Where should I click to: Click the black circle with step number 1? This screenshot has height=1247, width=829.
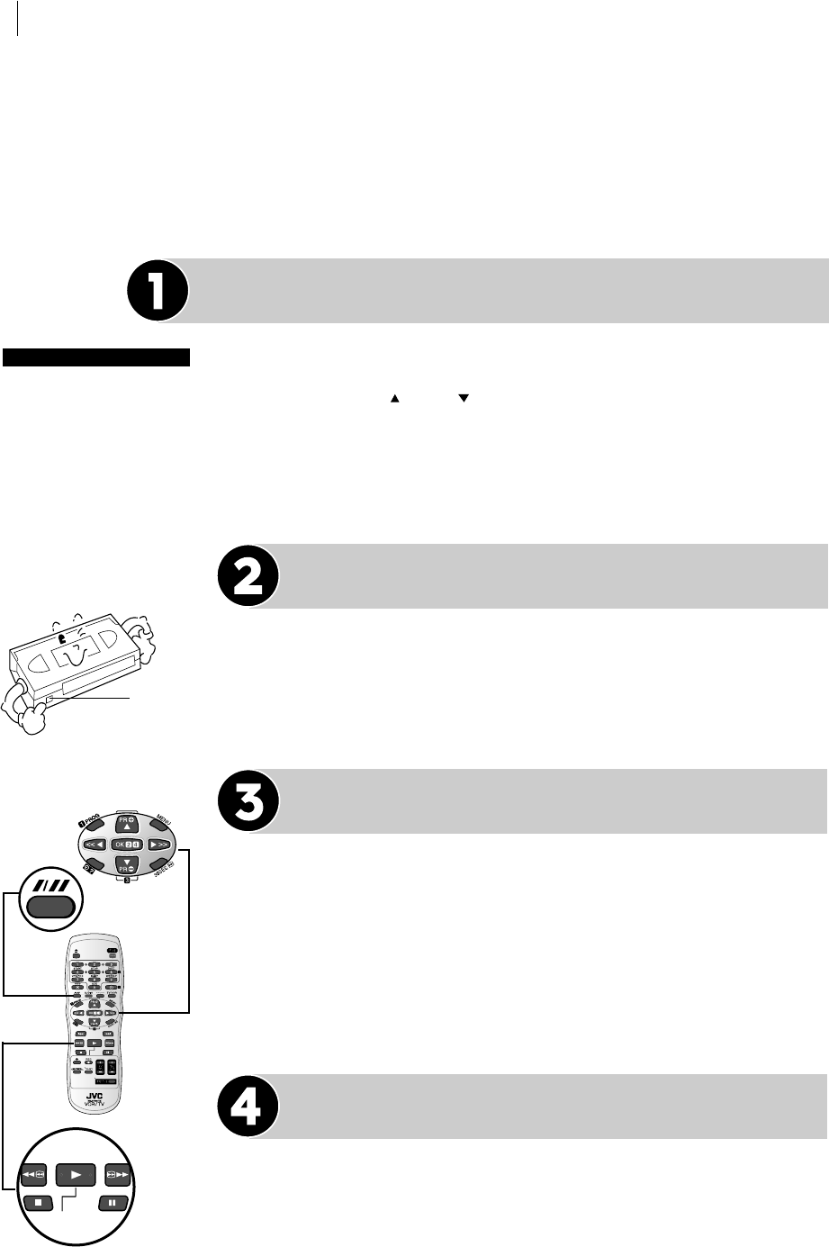click(x=158, y=291)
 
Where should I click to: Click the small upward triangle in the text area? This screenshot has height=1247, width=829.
click(x=393, y=396)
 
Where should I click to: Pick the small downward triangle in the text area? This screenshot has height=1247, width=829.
click(x=464, y=396)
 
